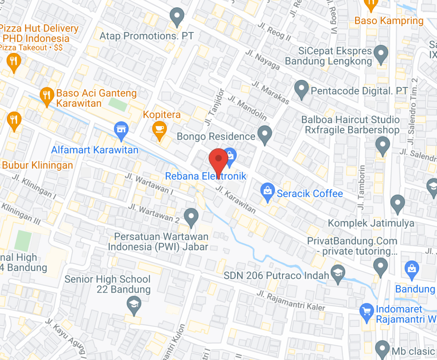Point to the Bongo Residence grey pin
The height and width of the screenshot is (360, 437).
(265, 134)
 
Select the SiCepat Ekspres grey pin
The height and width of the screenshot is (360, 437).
(381, 54)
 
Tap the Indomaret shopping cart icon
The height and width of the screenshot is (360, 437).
(367, 311)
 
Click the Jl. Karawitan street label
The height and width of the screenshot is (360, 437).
(235, 200)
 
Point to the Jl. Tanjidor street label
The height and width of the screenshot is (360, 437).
(214, 107)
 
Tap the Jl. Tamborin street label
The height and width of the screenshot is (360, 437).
(361, 187)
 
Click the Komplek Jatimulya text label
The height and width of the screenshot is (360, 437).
(371, 223)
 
